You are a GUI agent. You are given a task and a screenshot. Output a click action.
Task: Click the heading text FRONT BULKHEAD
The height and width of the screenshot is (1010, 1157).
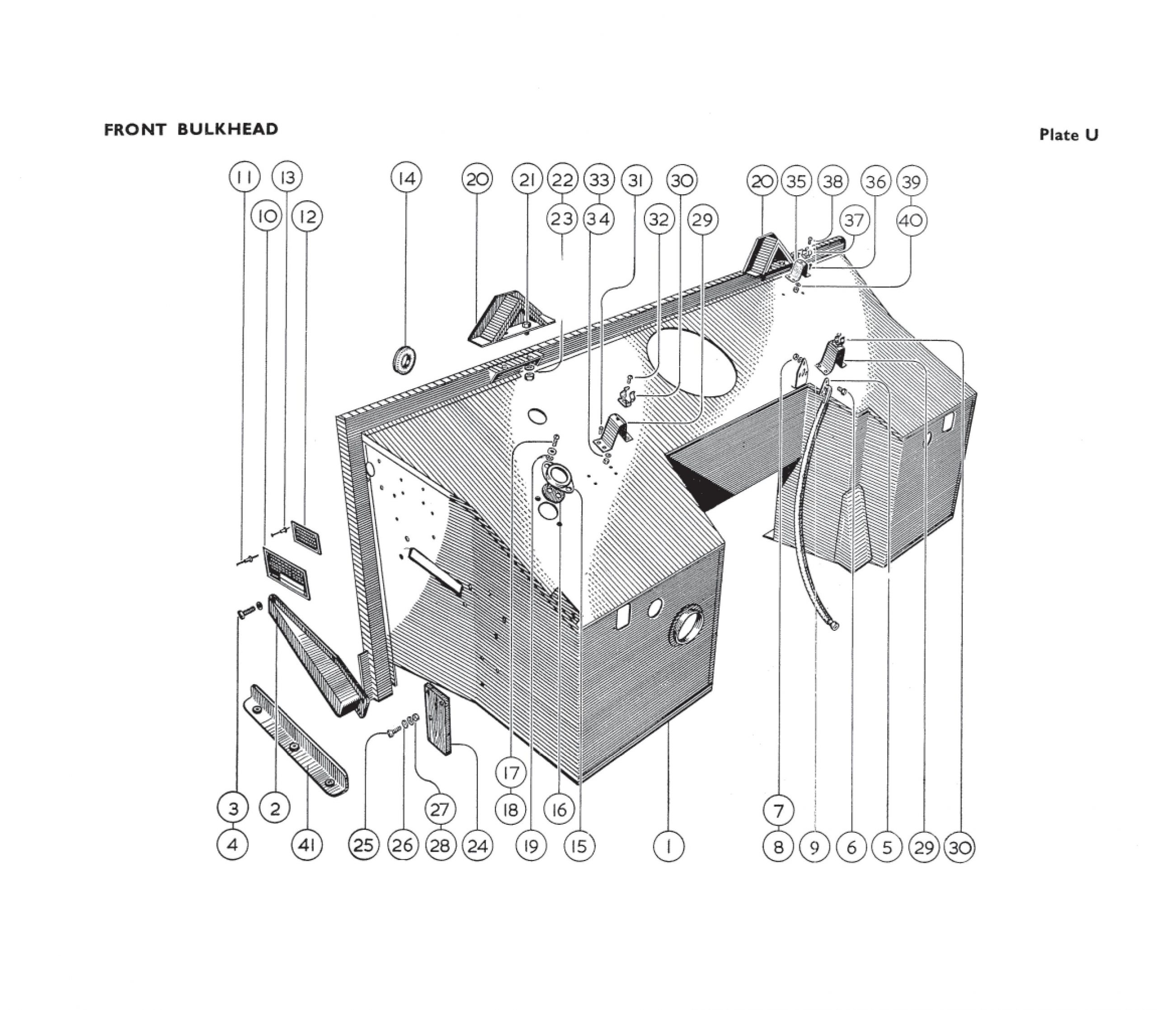point(191,130)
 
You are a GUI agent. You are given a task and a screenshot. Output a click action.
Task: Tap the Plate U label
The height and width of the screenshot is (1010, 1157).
point(1068,135)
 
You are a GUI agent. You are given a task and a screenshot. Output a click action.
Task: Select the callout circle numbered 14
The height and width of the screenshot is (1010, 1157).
point(406,179)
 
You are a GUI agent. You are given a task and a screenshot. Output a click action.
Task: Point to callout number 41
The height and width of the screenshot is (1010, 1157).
point(306,846)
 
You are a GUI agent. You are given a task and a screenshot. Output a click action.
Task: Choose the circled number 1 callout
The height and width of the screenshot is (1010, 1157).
point(668,846)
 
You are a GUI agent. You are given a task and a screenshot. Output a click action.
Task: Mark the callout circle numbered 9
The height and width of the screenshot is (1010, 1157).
point(814,847)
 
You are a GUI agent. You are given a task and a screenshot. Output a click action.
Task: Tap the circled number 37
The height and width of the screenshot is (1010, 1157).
point(854,220)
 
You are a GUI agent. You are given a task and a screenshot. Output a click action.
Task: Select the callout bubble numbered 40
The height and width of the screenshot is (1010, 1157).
point(911,221)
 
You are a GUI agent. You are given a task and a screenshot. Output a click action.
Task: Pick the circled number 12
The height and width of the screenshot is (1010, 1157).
point(308,217)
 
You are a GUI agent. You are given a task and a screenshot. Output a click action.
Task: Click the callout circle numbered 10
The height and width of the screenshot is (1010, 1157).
point(267,217)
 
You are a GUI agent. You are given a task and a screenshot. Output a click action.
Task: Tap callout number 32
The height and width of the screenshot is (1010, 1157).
point(658,219)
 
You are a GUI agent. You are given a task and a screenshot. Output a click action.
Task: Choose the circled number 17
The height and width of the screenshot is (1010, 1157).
point(511,773)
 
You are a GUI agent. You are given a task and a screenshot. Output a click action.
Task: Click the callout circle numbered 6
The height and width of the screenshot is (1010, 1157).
point(851,847)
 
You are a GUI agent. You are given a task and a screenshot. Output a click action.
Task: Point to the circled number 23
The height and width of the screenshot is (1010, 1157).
point(562,219)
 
